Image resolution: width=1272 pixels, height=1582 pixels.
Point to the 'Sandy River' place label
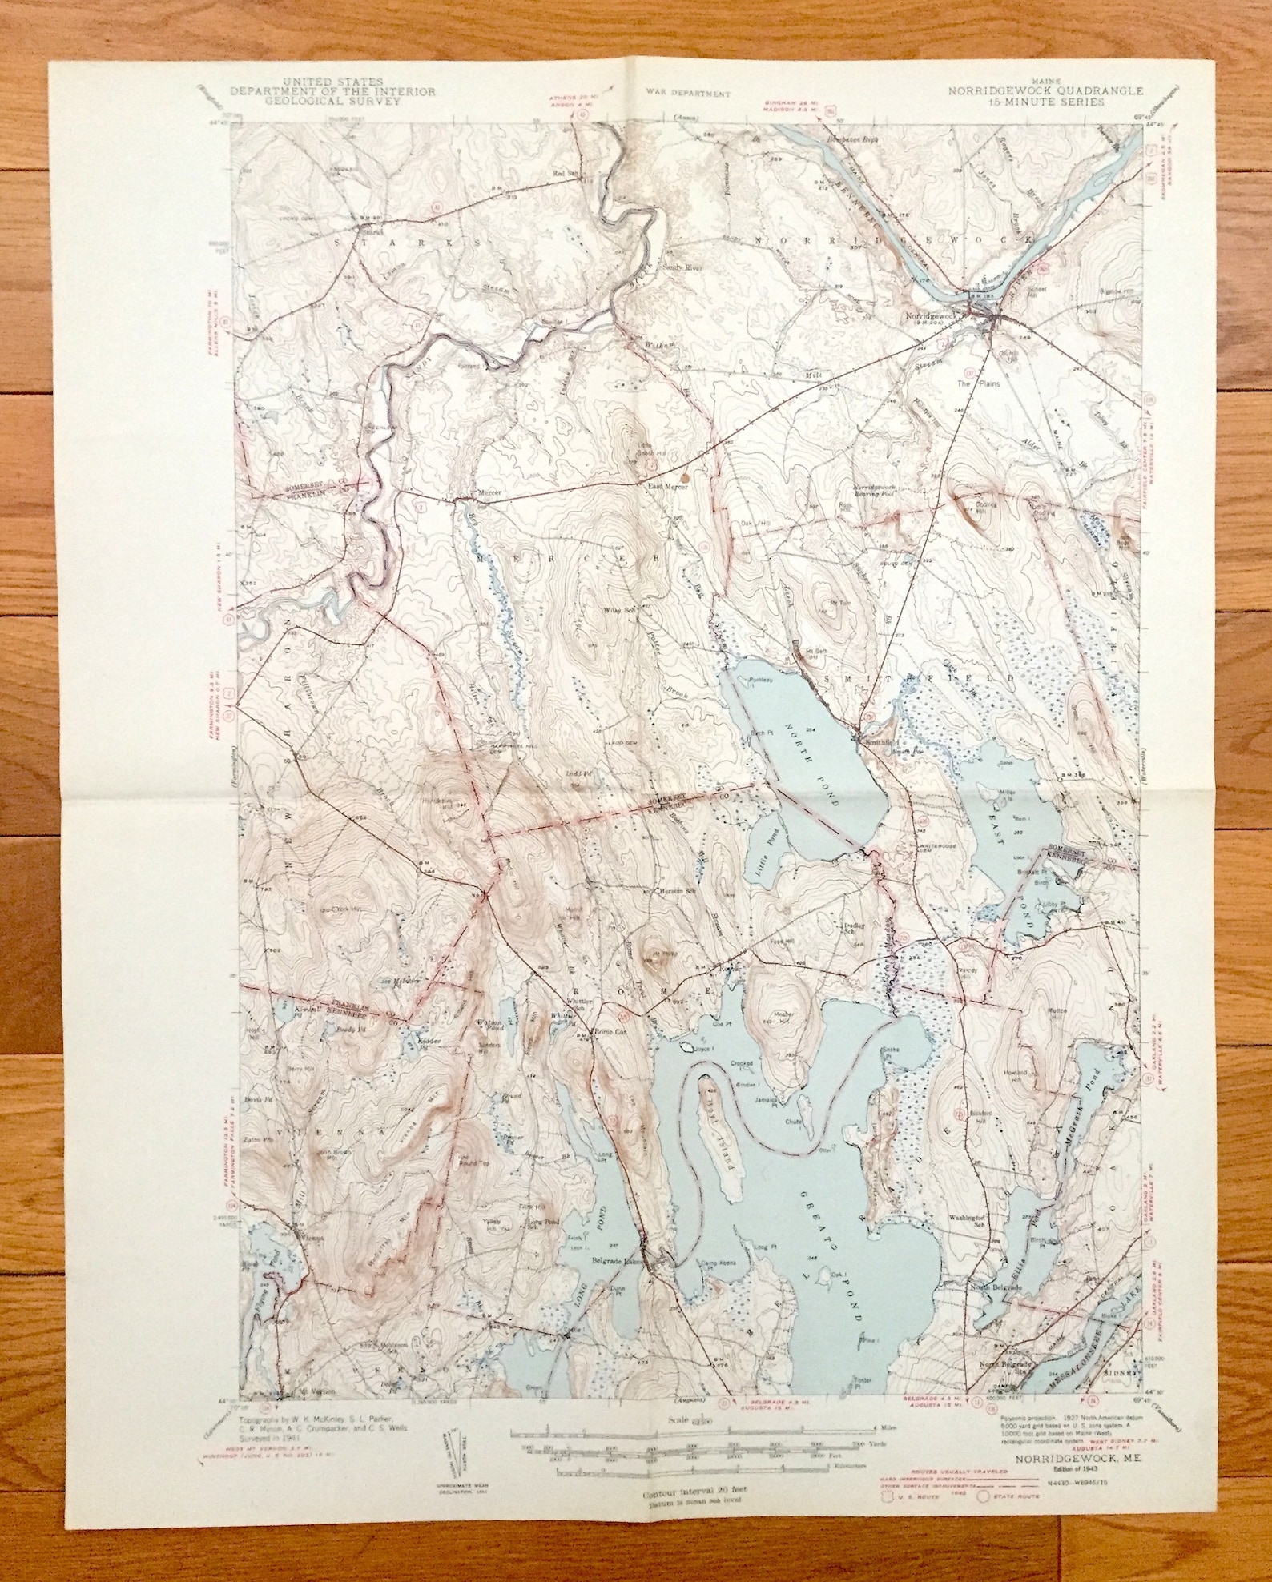coord(681,267)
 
